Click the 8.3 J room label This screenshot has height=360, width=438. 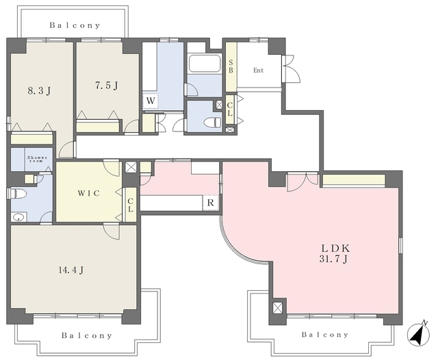coord(40,90)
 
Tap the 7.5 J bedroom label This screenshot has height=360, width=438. coord(107,85)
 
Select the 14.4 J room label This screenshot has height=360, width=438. coord(71,270)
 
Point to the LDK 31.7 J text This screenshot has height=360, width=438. coord(335,254)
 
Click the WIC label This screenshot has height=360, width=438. coord(88,193)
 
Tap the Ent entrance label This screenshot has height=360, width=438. coord(259,70)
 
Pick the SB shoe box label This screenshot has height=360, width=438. coord(231,66)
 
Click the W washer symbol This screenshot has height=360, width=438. coord(151,101)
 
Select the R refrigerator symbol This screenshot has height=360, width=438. coord(210,203)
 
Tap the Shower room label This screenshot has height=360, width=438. coord(37,159)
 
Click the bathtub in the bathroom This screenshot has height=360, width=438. coord(205,64)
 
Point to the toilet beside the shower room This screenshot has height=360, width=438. coord(17,193)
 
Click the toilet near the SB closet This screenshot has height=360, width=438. coord(212,122)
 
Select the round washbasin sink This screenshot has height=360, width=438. coord(19,217)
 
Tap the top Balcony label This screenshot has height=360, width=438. coord(75,25)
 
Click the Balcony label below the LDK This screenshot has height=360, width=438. coord(325,334)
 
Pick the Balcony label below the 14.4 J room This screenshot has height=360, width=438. coord(87,335)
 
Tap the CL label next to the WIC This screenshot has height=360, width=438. coord(131,205)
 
